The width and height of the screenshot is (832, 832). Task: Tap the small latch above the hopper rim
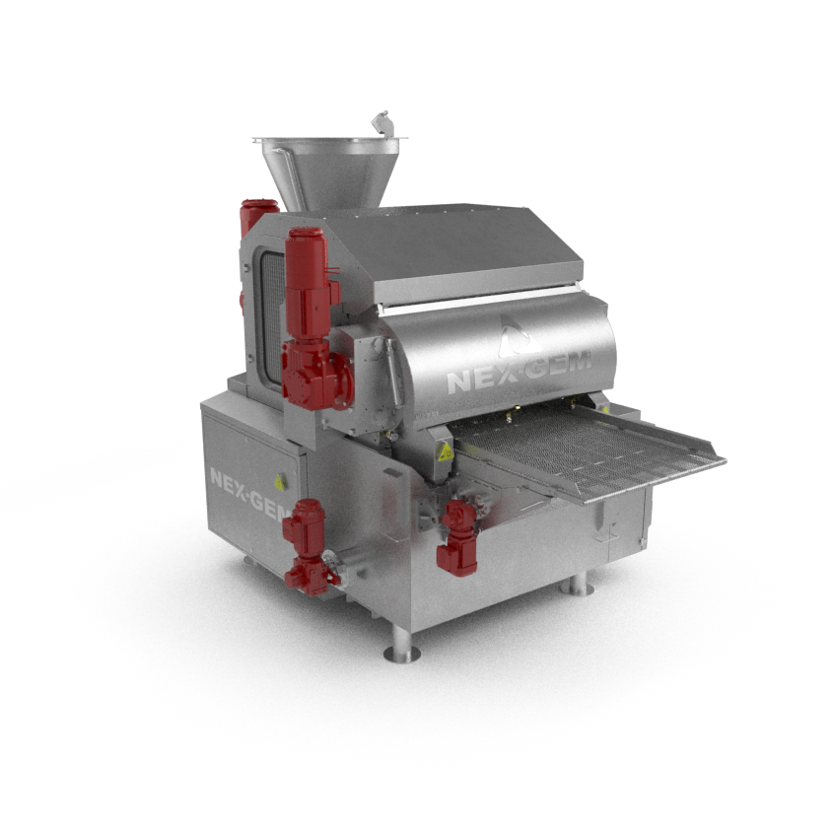coord(381,123)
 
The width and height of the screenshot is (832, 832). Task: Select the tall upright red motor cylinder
coord(307,284)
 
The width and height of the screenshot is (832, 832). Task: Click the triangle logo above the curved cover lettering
coord(516,335)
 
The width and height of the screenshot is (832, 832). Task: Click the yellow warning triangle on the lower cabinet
coord(279,483)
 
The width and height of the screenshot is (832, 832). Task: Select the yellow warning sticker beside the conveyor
coord(445,452)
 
